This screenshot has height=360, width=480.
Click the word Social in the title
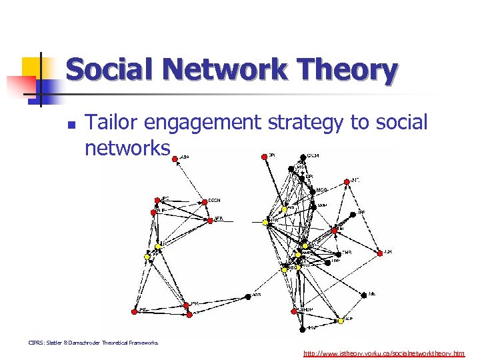[109, 70]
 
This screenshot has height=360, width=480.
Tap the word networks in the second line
[127, 147]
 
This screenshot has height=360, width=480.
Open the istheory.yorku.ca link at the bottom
[384, 353]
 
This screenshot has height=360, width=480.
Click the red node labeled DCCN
[203, 201]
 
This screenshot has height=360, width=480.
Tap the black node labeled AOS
[248, 296]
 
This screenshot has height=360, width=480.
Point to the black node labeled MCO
[312, 192]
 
